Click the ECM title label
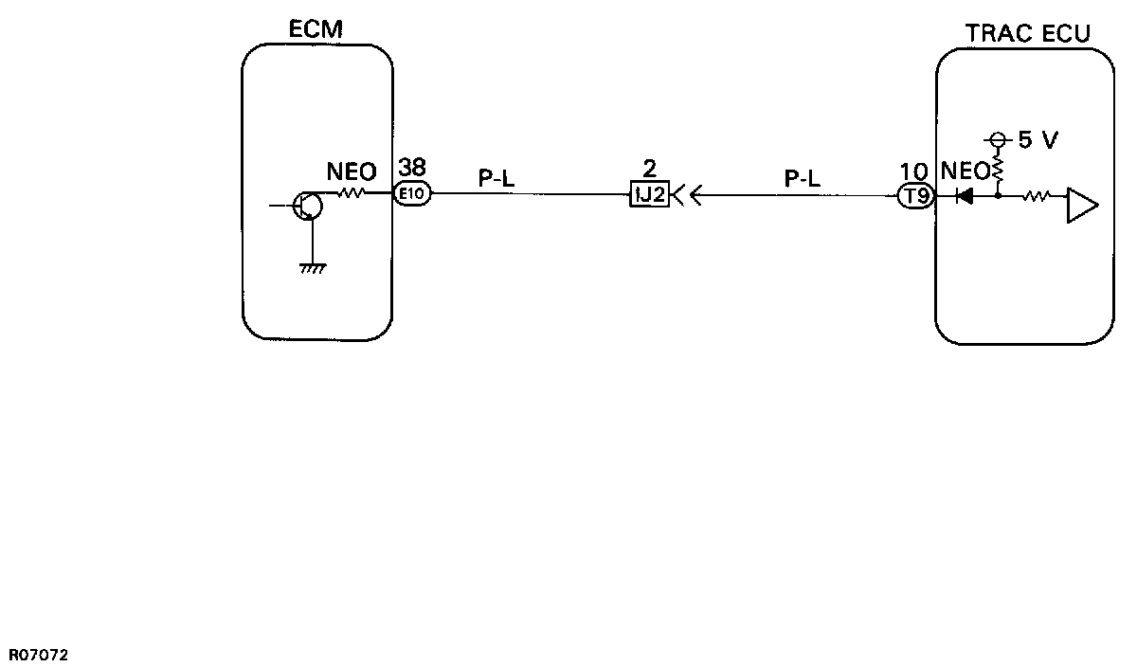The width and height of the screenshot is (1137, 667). (316, 30)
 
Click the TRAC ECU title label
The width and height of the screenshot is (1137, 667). (1027, 34)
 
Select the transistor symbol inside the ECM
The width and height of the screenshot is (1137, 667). (306, 206)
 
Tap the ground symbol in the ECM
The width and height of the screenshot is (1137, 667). (312, 269)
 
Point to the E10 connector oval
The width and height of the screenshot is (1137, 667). (413, 195)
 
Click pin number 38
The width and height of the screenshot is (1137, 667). (412, 169)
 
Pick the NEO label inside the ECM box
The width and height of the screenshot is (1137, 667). (351, 172)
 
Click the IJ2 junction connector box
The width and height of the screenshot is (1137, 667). (650, 196)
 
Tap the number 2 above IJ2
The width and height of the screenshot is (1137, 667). (650, 170)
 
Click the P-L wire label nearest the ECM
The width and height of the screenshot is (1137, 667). (496, 177)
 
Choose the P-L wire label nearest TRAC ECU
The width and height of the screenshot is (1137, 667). (802, 177)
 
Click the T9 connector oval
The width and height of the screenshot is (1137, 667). (916, 197)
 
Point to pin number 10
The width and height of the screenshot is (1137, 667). (914, 171)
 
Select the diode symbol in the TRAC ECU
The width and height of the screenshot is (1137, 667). (965, 197)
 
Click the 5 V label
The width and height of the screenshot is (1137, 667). (1038, 141)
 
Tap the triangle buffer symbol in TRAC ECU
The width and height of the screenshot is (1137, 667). (1081, 206)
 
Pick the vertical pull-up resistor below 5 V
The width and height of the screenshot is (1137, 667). (998, 171)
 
